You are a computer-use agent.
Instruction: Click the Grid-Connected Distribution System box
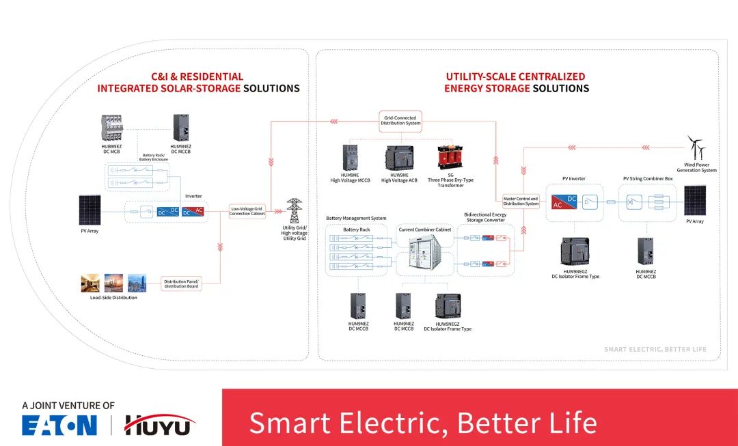coord(400,121)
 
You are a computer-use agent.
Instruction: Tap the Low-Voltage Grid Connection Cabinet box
coord(247,211)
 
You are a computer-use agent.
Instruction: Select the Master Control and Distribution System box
coord(521,201)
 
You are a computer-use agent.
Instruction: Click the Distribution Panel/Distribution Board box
coord(181,283)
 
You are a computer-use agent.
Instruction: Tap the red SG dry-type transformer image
coord(450,158)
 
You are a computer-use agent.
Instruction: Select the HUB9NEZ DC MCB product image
coord(111,128)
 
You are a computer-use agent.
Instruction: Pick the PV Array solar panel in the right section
coord(695,200)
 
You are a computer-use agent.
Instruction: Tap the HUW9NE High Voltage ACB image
coord(398,158)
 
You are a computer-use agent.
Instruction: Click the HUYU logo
coord(159,425)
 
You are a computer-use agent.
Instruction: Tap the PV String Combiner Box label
coord(648,179)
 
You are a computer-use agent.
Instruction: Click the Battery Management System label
coord(356,219)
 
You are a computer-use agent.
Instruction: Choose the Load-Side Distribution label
coord(113,298)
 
